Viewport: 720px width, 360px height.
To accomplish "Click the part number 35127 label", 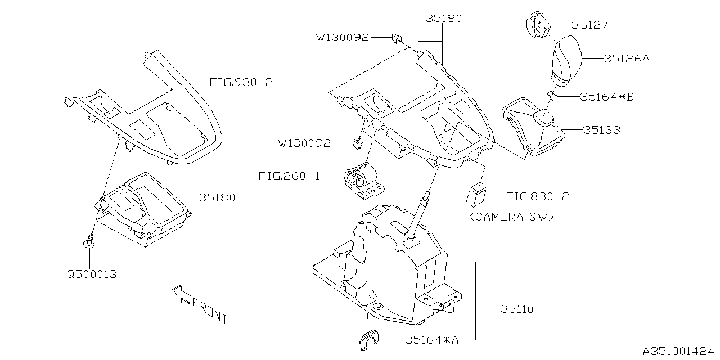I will [x=590, y=25].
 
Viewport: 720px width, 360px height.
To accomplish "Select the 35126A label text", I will [x=627, y=58].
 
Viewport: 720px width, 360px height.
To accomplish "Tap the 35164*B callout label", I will [x=606, y=97].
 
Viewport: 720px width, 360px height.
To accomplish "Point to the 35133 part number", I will [x=601, y=130].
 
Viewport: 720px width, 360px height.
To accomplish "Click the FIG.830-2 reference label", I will [x=537, y=196].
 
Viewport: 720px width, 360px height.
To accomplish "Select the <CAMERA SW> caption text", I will [x=510, y=217].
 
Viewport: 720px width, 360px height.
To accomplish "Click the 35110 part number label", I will [x=516, y=309].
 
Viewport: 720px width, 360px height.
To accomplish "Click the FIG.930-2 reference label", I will [x=241, y=82].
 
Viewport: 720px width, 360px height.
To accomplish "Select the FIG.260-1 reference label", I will [x=289, y=176].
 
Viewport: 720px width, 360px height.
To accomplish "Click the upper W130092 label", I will [x=342, y=38].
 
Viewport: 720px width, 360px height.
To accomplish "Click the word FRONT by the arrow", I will [x=209, y=313].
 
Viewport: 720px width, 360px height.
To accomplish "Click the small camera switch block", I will [x=476, y=195].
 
